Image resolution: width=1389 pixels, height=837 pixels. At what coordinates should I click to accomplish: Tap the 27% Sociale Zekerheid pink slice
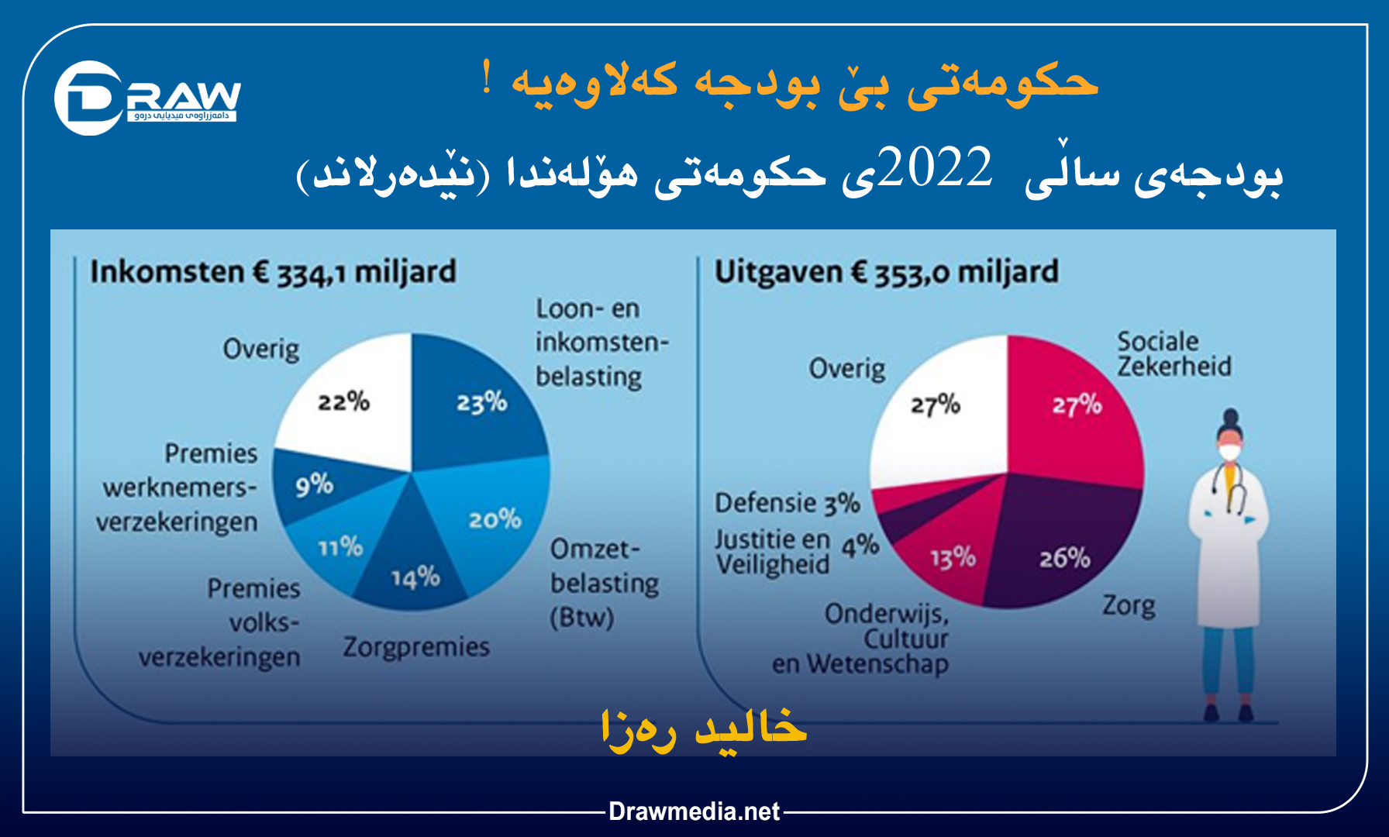pos(1077,407)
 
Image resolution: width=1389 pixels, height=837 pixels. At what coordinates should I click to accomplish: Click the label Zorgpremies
pos(416,646)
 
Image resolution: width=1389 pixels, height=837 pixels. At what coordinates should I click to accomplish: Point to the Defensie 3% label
pos(787,504)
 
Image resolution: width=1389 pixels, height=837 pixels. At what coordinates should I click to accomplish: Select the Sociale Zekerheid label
pos(1173,353)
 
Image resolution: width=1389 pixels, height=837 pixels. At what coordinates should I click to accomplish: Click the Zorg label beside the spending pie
pos(1129,605)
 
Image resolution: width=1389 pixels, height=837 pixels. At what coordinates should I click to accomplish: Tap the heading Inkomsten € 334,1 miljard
pos(273,273)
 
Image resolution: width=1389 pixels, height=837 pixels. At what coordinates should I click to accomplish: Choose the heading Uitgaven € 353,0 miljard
pos(886,273)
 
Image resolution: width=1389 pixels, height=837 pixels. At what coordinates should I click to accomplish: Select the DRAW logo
pos(147,98)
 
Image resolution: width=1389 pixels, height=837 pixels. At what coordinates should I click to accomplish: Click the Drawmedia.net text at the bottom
pos(694,811)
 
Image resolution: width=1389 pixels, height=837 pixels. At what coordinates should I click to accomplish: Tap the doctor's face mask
pos(1229,453)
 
